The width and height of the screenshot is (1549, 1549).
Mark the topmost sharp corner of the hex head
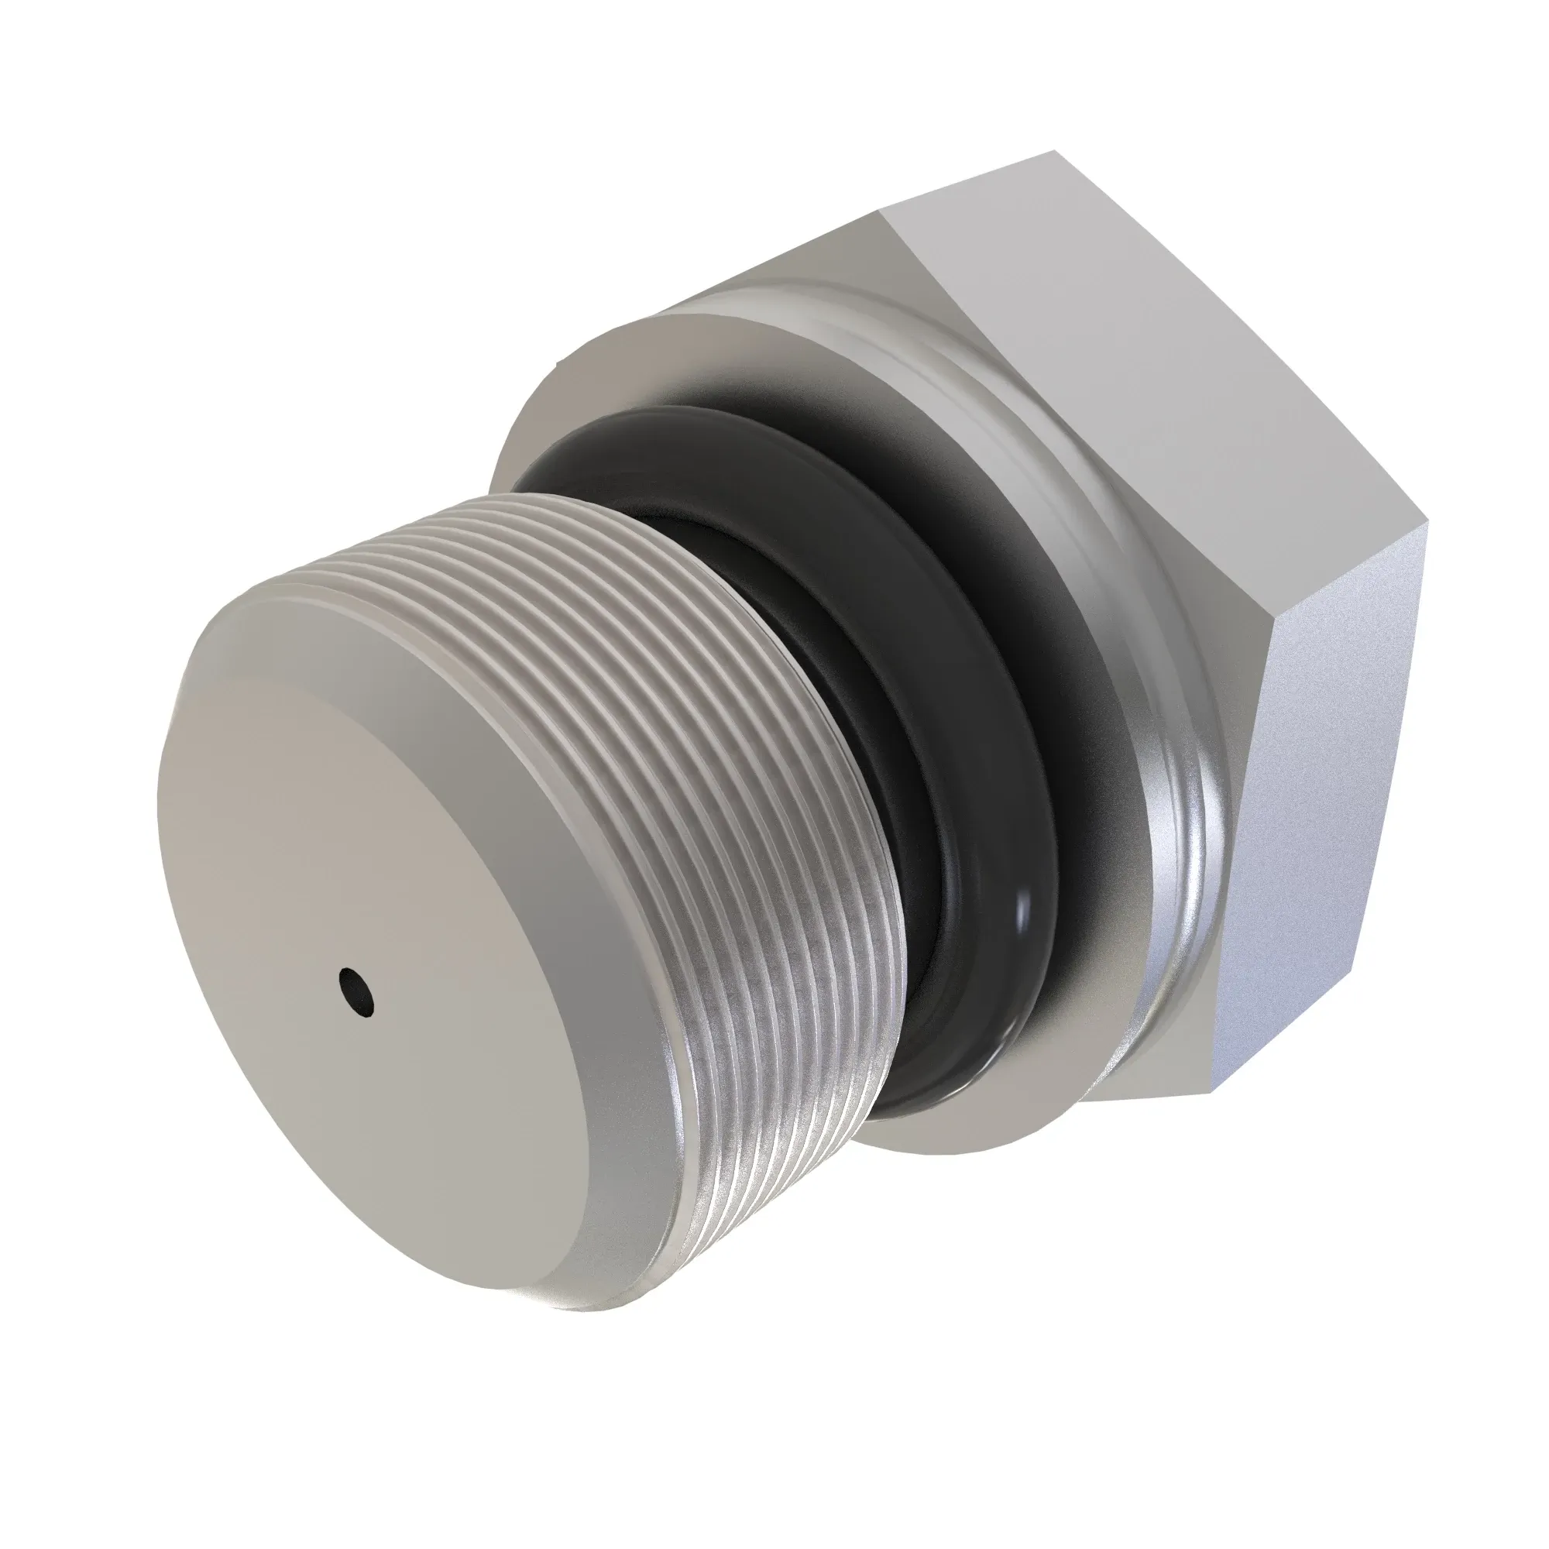point(1052,150)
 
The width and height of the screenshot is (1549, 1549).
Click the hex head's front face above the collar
point(802,265)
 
